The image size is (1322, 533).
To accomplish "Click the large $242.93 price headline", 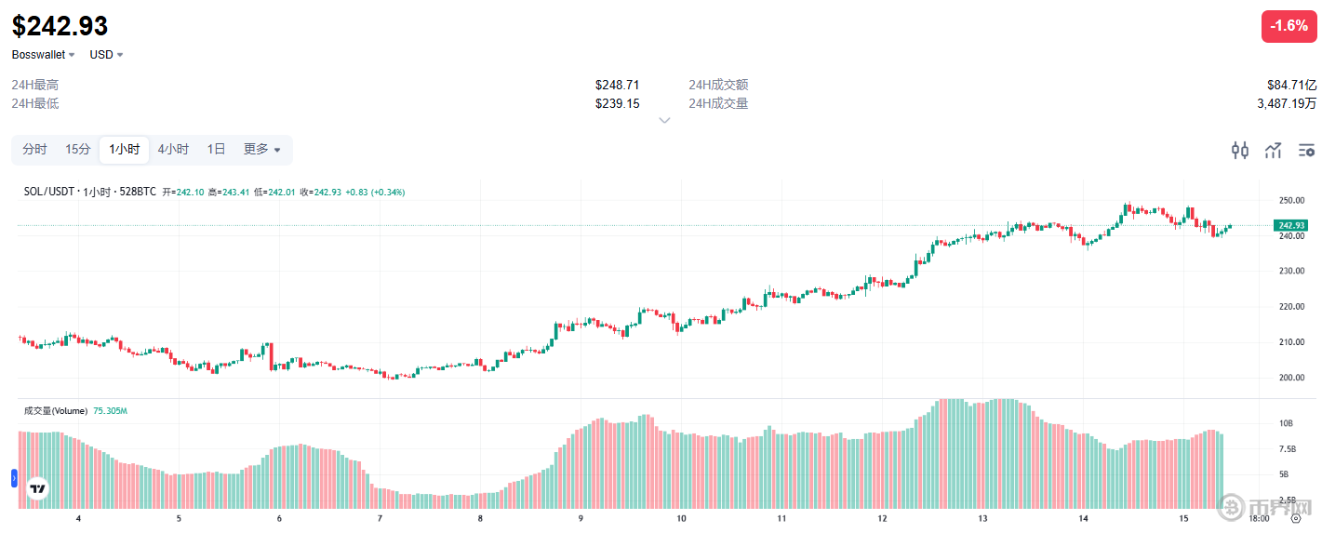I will pos(60,25).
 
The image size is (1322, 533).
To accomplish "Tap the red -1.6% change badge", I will pos(1289,26).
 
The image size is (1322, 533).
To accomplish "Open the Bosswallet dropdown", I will pos(44,55).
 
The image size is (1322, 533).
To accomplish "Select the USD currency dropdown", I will pos(106,55).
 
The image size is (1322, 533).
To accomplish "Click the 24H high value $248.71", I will pos(617,85).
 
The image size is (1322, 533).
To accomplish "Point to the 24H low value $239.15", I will pos(617,103).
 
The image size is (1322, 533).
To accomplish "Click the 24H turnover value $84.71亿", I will pos(1291,85).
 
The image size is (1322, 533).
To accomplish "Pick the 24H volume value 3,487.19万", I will pos(1287,103).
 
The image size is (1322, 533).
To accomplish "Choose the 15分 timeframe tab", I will pos(78,149).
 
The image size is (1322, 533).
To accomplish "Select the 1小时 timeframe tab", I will pos(125,149).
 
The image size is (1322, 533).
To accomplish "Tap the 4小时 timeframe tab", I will pos(173,149).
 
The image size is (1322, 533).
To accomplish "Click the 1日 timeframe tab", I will pos(216,149).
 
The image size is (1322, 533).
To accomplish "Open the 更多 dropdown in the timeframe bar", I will pos(261,149).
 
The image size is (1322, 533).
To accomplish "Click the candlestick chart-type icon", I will pos(1240,150).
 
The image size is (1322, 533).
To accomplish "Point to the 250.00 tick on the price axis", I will pos(1290,201).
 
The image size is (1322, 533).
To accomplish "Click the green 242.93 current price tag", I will pos(1291,226).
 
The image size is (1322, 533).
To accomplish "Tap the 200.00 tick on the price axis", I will pos(1290,378).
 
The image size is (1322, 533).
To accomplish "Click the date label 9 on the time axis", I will pos(581,518).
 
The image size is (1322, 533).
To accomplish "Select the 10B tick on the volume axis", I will pos(1286,423).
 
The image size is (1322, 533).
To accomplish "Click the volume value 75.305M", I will pos(110,410).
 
